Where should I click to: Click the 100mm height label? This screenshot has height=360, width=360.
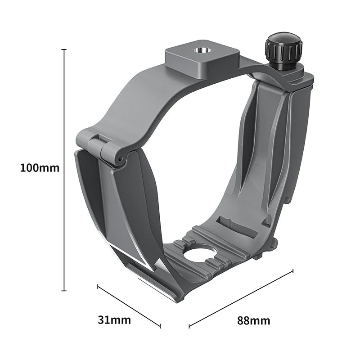(x=40, y=168)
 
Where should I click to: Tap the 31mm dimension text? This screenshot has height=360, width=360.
(x=114, y=320)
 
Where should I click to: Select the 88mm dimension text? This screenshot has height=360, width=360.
(x=254, y=320)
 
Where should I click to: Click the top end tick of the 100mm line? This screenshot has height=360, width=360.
(x=64, y=49)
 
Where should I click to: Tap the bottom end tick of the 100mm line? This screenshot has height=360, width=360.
(x=64, y=291)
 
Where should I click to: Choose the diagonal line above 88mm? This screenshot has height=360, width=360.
(x=241, y=298)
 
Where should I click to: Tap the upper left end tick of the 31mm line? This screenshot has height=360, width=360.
(x=98, y=285)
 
